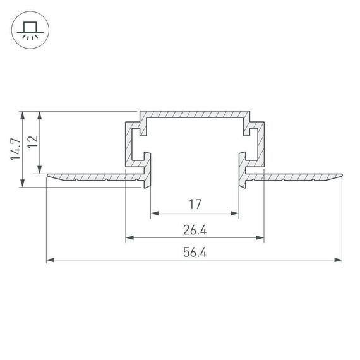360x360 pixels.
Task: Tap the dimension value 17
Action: click(195, 204)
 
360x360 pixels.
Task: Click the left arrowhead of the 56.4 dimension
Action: click(51, 259)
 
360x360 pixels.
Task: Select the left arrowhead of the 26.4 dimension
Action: click(129, 237)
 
